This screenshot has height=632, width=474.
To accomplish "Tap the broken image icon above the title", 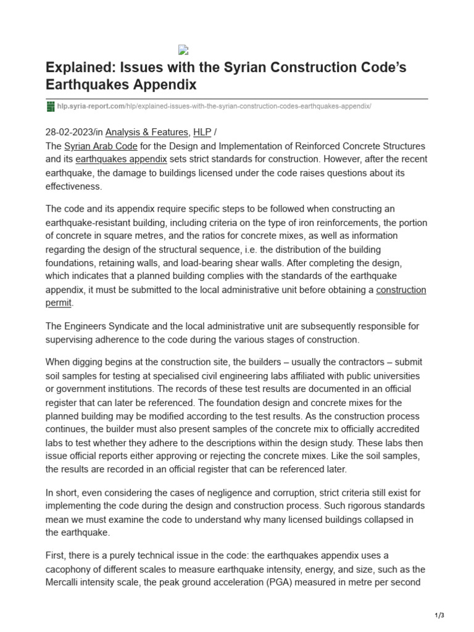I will pos(182,51).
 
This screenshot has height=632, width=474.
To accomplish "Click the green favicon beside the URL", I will pos(51,106).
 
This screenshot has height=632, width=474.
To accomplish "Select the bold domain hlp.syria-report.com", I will pos(82,106).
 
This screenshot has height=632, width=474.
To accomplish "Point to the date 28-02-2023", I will pos(71,132).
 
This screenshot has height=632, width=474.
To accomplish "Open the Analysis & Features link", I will pos(147,132).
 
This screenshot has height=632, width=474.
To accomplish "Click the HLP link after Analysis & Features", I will pos(201,132).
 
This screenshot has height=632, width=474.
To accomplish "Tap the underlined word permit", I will pos(59,302).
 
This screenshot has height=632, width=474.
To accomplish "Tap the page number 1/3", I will pos(439,615).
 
